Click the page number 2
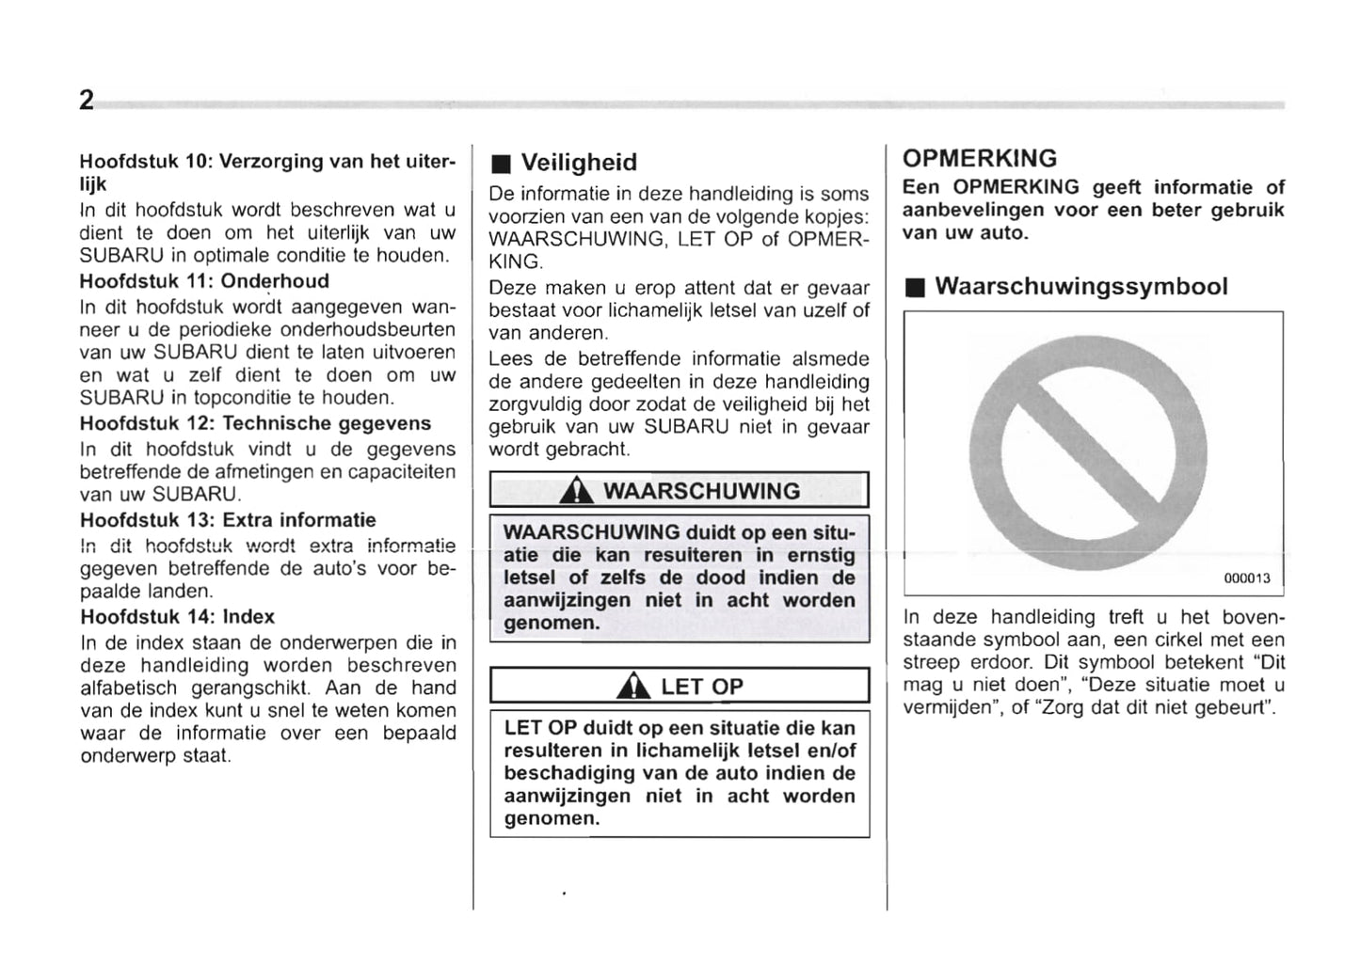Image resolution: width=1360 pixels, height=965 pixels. [87, 101]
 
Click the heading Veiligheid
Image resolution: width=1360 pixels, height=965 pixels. [579, 163]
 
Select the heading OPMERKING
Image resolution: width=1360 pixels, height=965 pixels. [979, 158]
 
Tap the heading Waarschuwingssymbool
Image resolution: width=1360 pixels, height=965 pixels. [1080, 287]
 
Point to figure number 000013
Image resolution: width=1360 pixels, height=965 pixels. [1246, 578]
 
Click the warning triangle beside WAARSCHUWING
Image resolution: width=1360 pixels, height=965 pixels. [575, 492]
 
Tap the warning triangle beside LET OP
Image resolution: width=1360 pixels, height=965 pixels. [632, 688]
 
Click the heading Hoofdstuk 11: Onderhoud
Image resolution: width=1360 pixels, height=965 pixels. [204, 281]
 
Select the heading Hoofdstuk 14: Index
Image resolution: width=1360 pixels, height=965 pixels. [177, 617]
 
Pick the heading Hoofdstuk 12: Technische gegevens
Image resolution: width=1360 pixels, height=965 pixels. [255, 423]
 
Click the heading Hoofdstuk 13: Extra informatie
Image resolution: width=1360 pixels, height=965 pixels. [228, 520]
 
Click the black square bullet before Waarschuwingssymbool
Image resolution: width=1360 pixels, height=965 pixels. [913, 289]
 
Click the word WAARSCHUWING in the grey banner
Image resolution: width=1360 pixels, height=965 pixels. [701, 491]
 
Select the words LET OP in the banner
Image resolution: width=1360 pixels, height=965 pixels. [701, 688]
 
